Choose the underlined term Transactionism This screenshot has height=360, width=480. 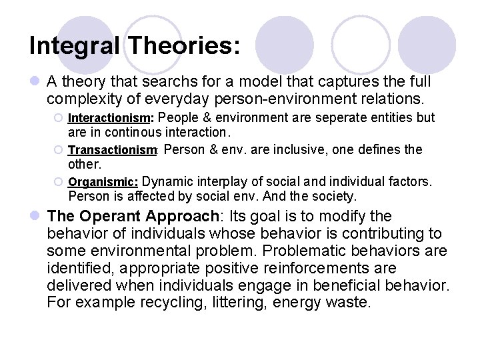pos(112,150)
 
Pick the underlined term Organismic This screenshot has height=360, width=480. pos(103,181)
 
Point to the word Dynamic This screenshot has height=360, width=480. pos(167,181)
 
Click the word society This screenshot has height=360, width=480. pos(333,197)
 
